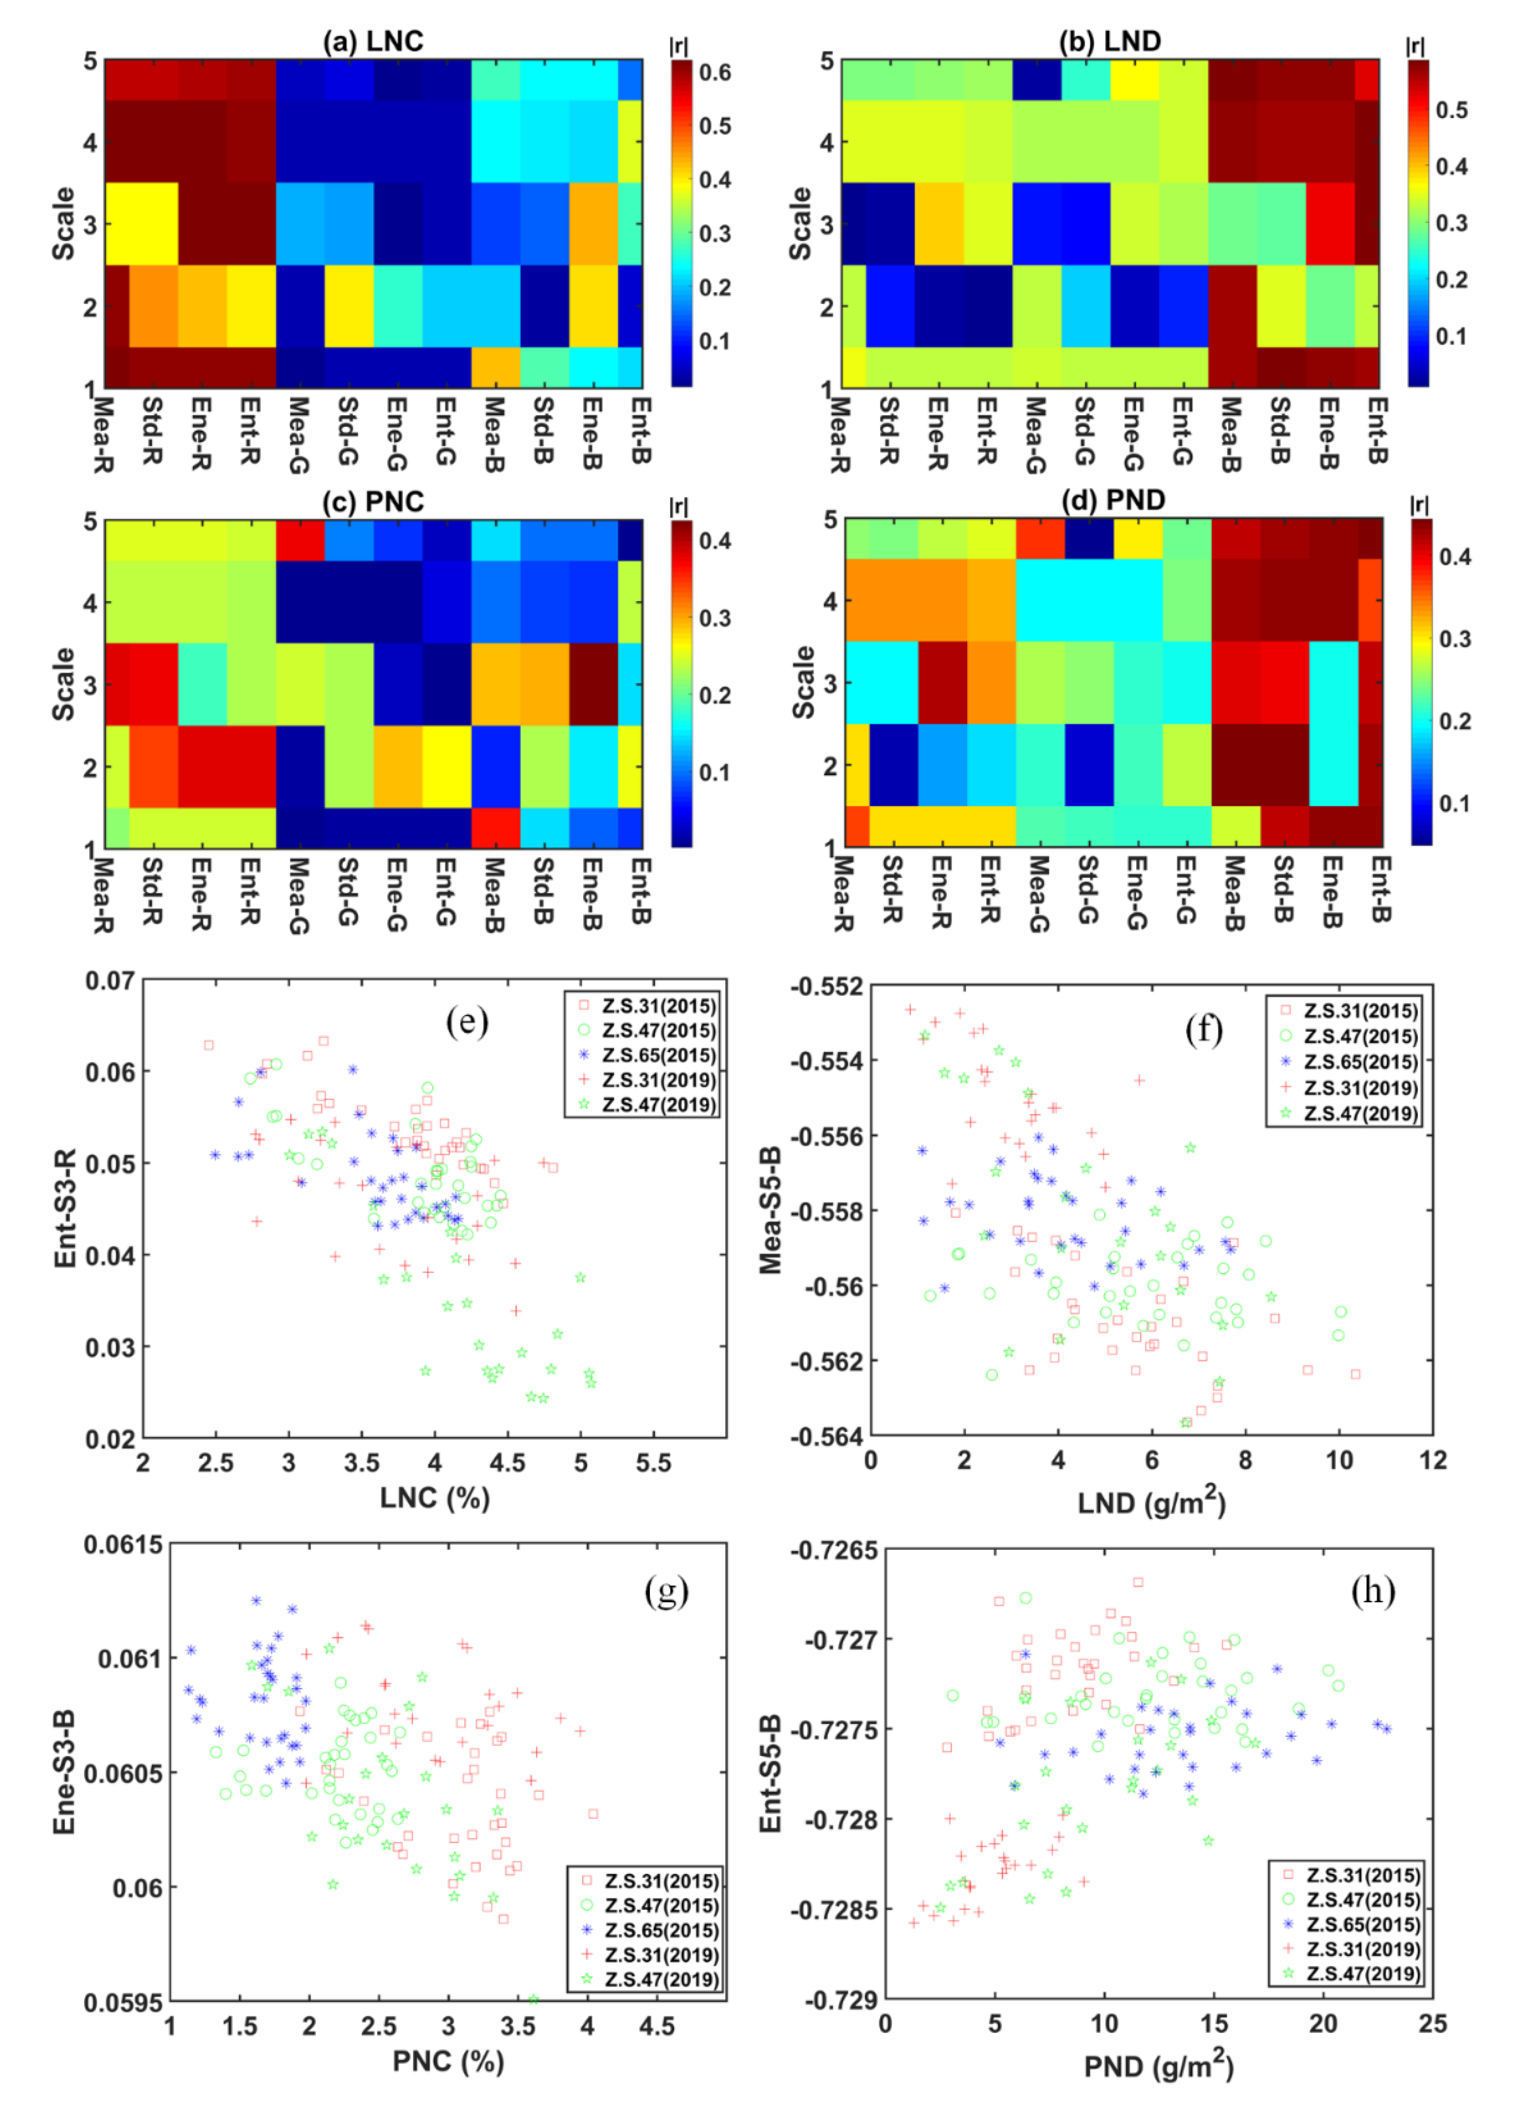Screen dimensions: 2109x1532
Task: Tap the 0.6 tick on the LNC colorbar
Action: [x=715, y=73]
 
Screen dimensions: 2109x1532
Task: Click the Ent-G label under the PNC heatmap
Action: [x=446, y=893]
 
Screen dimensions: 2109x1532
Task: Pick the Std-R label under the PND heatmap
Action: [x=891, y=891]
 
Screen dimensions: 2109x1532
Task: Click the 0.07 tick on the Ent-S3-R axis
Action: [x=109, y=981]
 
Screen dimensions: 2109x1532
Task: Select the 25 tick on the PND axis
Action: [x=1432, y=2023]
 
